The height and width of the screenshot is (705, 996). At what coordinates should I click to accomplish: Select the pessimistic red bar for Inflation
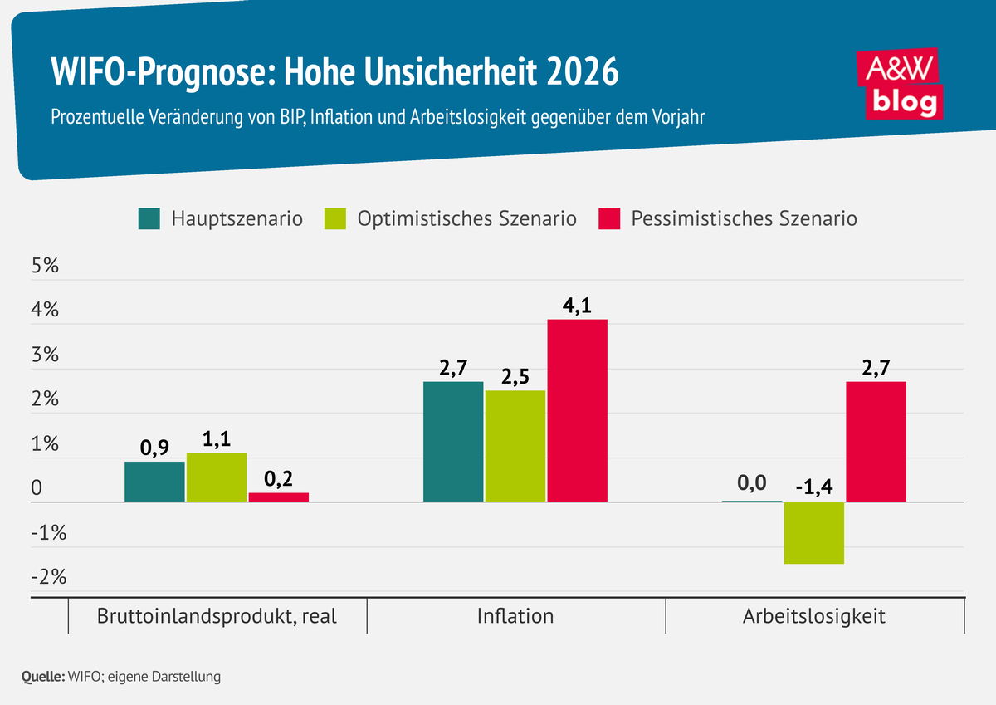(577, 410)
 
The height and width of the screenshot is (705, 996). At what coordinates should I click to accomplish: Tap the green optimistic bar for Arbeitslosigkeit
(814, 532)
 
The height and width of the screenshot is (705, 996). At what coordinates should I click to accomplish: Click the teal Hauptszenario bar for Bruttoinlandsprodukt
(154, 482)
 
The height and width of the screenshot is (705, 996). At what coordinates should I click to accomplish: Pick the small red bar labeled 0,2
(278, 497)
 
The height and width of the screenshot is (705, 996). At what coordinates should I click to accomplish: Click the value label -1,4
(814, 486)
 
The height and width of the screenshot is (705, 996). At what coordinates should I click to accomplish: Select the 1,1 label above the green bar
(217, 438)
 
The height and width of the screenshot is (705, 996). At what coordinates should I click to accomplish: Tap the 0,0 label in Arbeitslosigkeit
(751, 485)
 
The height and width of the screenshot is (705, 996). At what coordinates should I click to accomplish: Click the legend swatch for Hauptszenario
(149, 219)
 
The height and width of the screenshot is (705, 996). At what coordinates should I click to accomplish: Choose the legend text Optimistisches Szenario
(466, 219)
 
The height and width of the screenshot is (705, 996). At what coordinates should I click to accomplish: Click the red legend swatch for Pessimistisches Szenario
(609, 219)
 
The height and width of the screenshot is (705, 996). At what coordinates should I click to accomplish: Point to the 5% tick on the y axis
(45, 267)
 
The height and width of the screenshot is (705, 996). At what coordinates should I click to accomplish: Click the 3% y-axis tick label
(45, 356)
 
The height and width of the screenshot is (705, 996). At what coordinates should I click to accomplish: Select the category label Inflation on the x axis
(515, 616)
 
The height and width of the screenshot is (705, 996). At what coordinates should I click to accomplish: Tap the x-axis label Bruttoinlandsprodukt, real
(217, 616)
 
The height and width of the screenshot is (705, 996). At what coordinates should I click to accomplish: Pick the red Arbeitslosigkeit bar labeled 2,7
(876, 441)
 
